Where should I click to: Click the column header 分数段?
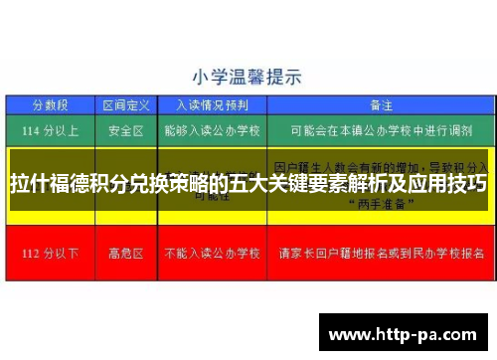[49, 103]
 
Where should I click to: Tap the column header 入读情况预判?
[210, 103]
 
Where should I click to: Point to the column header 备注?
[381, 103]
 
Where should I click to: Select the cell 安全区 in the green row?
[125, 128]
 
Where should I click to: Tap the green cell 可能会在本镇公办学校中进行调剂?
[381, 128]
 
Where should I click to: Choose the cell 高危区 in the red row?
[125, 252]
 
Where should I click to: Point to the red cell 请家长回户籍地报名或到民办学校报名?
[381, 252]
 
